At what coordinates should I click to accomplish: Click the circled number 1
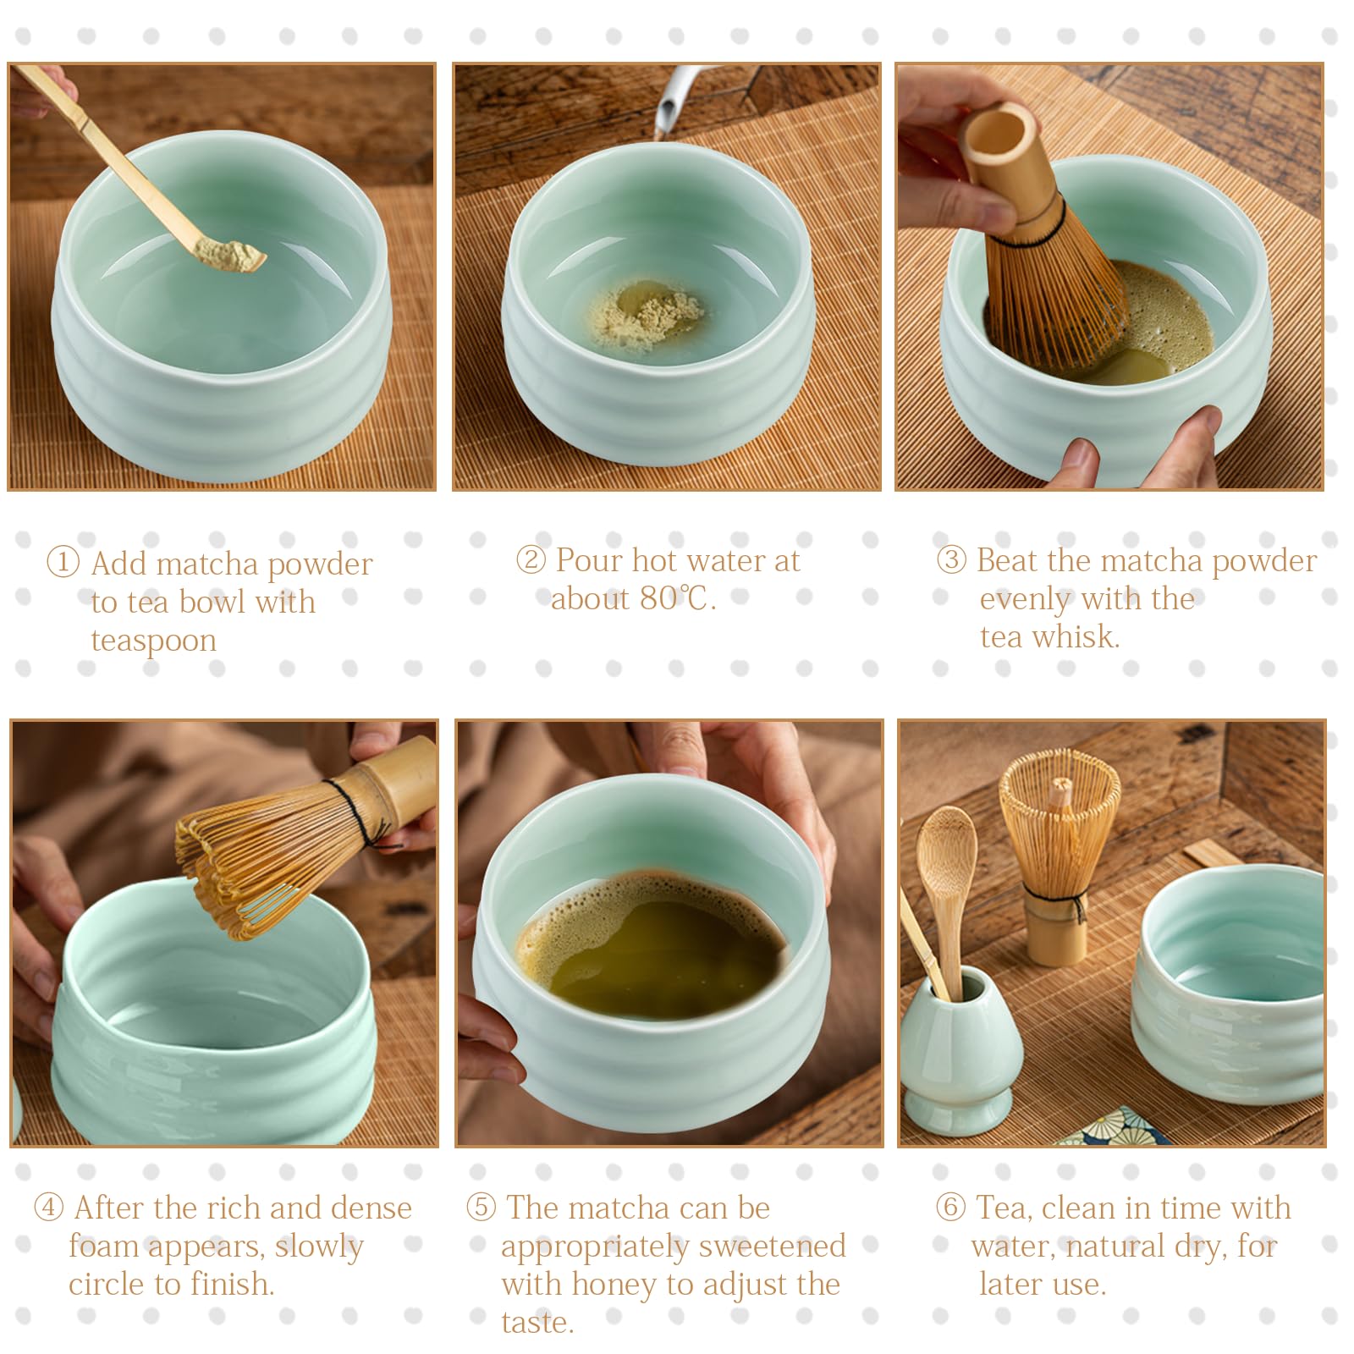click(63, 562)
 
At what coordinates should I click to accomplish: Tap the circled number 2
click(531, 559)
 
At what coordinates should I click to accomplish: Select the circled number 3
click(951, 559)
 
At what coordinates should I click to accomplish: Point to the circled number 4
click(48, 1207)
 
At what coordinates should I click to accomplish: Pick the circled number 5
click(481, 1207)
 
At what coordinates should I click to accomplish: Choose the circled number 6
click(950, 1207)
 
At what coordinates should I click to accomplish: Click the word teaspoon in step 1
click(154, 641)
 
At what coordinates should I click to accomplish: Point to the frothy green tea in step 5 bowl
click(652, 944)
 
